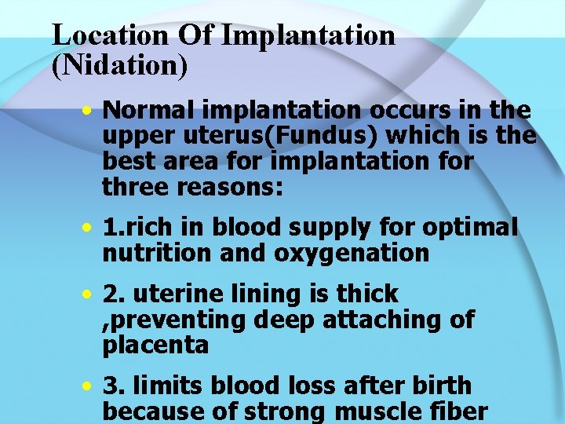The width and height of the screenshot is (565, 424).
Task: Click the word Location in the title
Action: (111, 35)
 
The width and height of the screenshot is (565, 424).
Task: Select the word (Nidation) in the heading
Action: (120, 65)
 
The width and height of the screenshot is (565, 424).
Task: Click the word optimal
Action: (470, 228)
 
